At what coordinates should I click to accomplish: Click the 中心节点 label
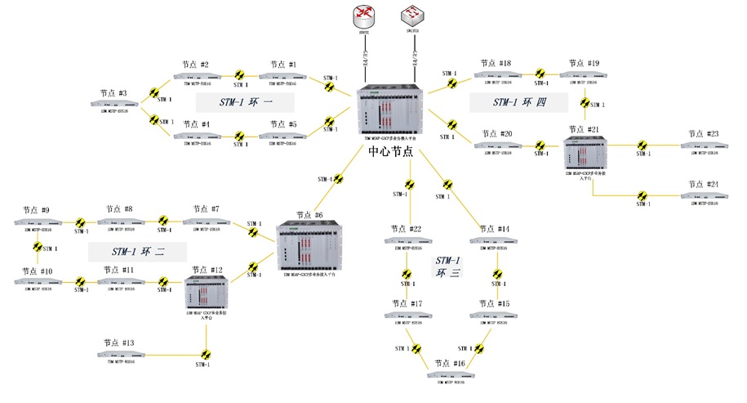pyautogui.click(x=390, y=151)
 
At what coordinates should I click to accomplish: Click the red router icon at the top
pyautogui.click(x=363, y=16)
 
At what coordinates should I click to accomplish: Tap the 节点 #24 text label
pyautogui.click(x=701, y=185)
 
